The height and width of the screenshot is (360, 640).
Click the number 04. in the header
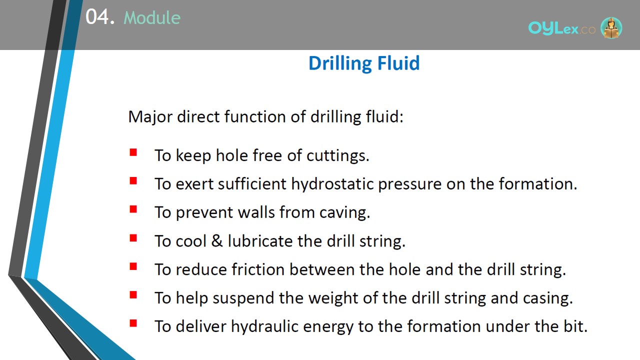tap(100, 17)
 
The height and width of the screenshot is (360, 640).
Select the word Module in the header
tap(152, 17)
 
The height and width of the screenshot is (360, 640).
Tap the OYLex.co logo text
tap(561, 28)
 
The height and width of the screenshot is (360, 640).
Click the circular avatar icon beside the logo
tap(611, 27)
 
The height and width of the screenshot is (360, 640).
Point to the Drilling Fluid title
tap(364, 63)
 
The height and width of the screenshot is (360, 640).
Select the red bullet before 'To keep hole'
tap(133, 152)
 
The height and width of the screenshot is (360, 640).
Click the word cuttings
tap(338, 156)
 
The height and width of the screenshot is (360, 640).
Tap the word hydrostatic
tap(332, 184)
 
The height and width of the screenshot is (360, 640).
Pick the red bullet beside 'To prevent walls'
tap(133, 209)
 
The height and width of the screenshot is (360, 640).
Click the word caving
tap(344, 213)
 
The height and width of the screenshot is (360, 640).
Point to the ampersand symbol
tap(217, 240)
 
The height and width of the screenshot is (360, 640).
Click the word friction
tap(258, 269)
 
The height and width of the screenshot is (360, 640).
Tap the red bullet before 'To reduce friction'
tap(133, 266)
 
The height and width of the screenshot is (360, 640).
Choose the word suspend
tap(243, 298)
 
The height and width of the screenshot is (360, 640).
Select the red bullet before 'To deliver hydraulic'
tap(133, 323)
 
